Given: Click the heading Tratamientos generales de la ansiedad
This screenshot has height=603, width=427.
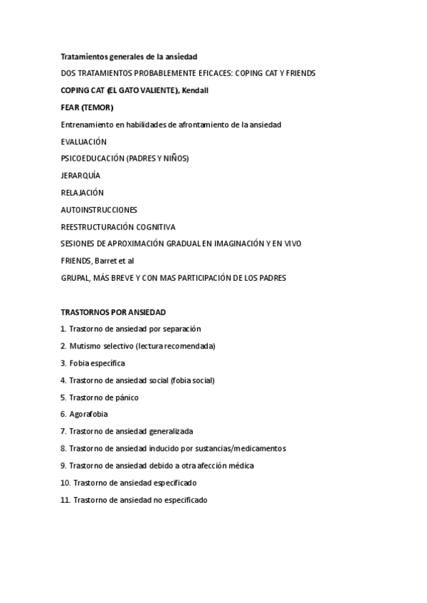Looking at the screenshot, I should pos(129,56).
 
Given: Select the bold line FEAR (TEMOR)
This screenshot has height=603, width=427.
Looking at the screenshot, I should pos(87,107).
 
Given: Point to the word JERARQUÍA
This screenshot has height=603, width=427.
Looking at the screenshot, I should pos(80,176).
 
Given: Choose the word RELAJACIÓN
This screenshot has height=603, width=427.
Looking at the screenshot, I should pos(82,193).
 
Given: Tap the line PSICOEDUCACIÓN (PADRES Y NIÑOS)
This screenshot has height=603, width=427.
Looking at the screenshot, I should pos(125,159).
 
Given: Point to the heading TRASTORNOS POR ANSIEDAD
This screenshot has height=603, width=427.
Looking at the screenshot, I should pos(113,312).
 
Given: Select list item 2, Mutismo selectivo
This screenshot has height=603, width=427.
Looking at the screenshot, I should pos(138,346).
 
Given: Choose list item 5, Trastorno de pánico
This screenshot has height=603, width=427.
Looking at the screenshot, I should pos(100,397).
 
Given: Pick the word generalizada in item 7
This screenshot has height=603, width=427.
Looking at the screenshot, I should pos(171,432).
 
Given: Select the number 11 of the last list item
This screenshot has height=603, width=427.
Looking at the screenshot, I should pos(65,500).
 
